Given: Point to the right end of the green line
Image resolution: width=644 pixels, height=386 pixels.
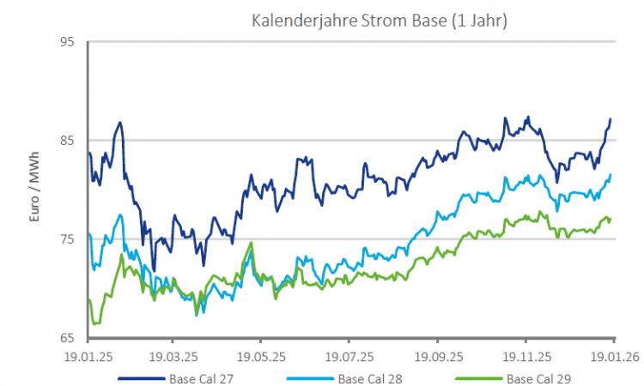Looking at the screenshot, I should (611, 219).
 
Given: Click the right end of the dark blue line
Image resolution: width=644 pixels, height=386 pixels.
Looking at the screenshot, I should (611, 119).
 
